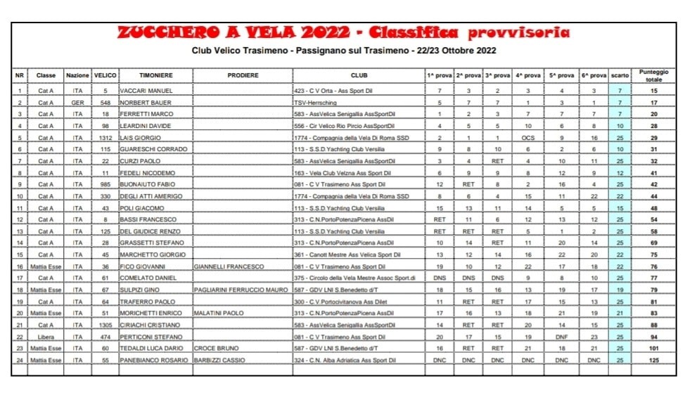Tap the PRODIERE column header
coord(243,75)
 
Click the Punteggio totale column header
coord(653,75)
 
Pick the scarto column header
coord(620,75)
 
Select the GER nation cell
coord(77,103)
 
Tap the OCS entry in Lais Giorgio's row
coord(528,138)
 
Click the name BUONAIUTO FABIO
coord(149,185)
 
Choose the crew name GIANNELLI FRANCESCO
coord(229,266)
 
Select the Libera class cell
coord(46,337)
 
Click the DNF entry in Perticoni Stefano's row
coord(561,337)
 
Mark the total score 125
coord(653,360)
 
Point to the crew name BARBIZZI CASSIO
coord(222,360)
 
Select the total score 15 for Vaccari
coord(653,91)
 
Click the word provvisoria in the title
coord(519,33)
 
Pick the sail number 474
coord(105,337)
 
